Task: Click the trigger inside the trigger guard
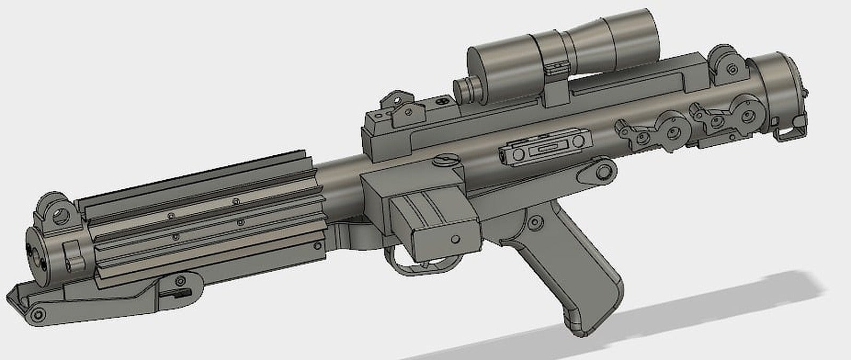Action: (x=408, y=256)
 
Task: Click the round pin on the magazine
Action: (x=455, y=238)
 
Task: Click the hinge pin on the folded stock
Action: (x=37, y=315)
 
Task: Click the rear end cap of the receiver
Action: (x=782, y=85)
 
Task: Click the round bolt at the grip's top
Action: (x=535, y=220)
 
